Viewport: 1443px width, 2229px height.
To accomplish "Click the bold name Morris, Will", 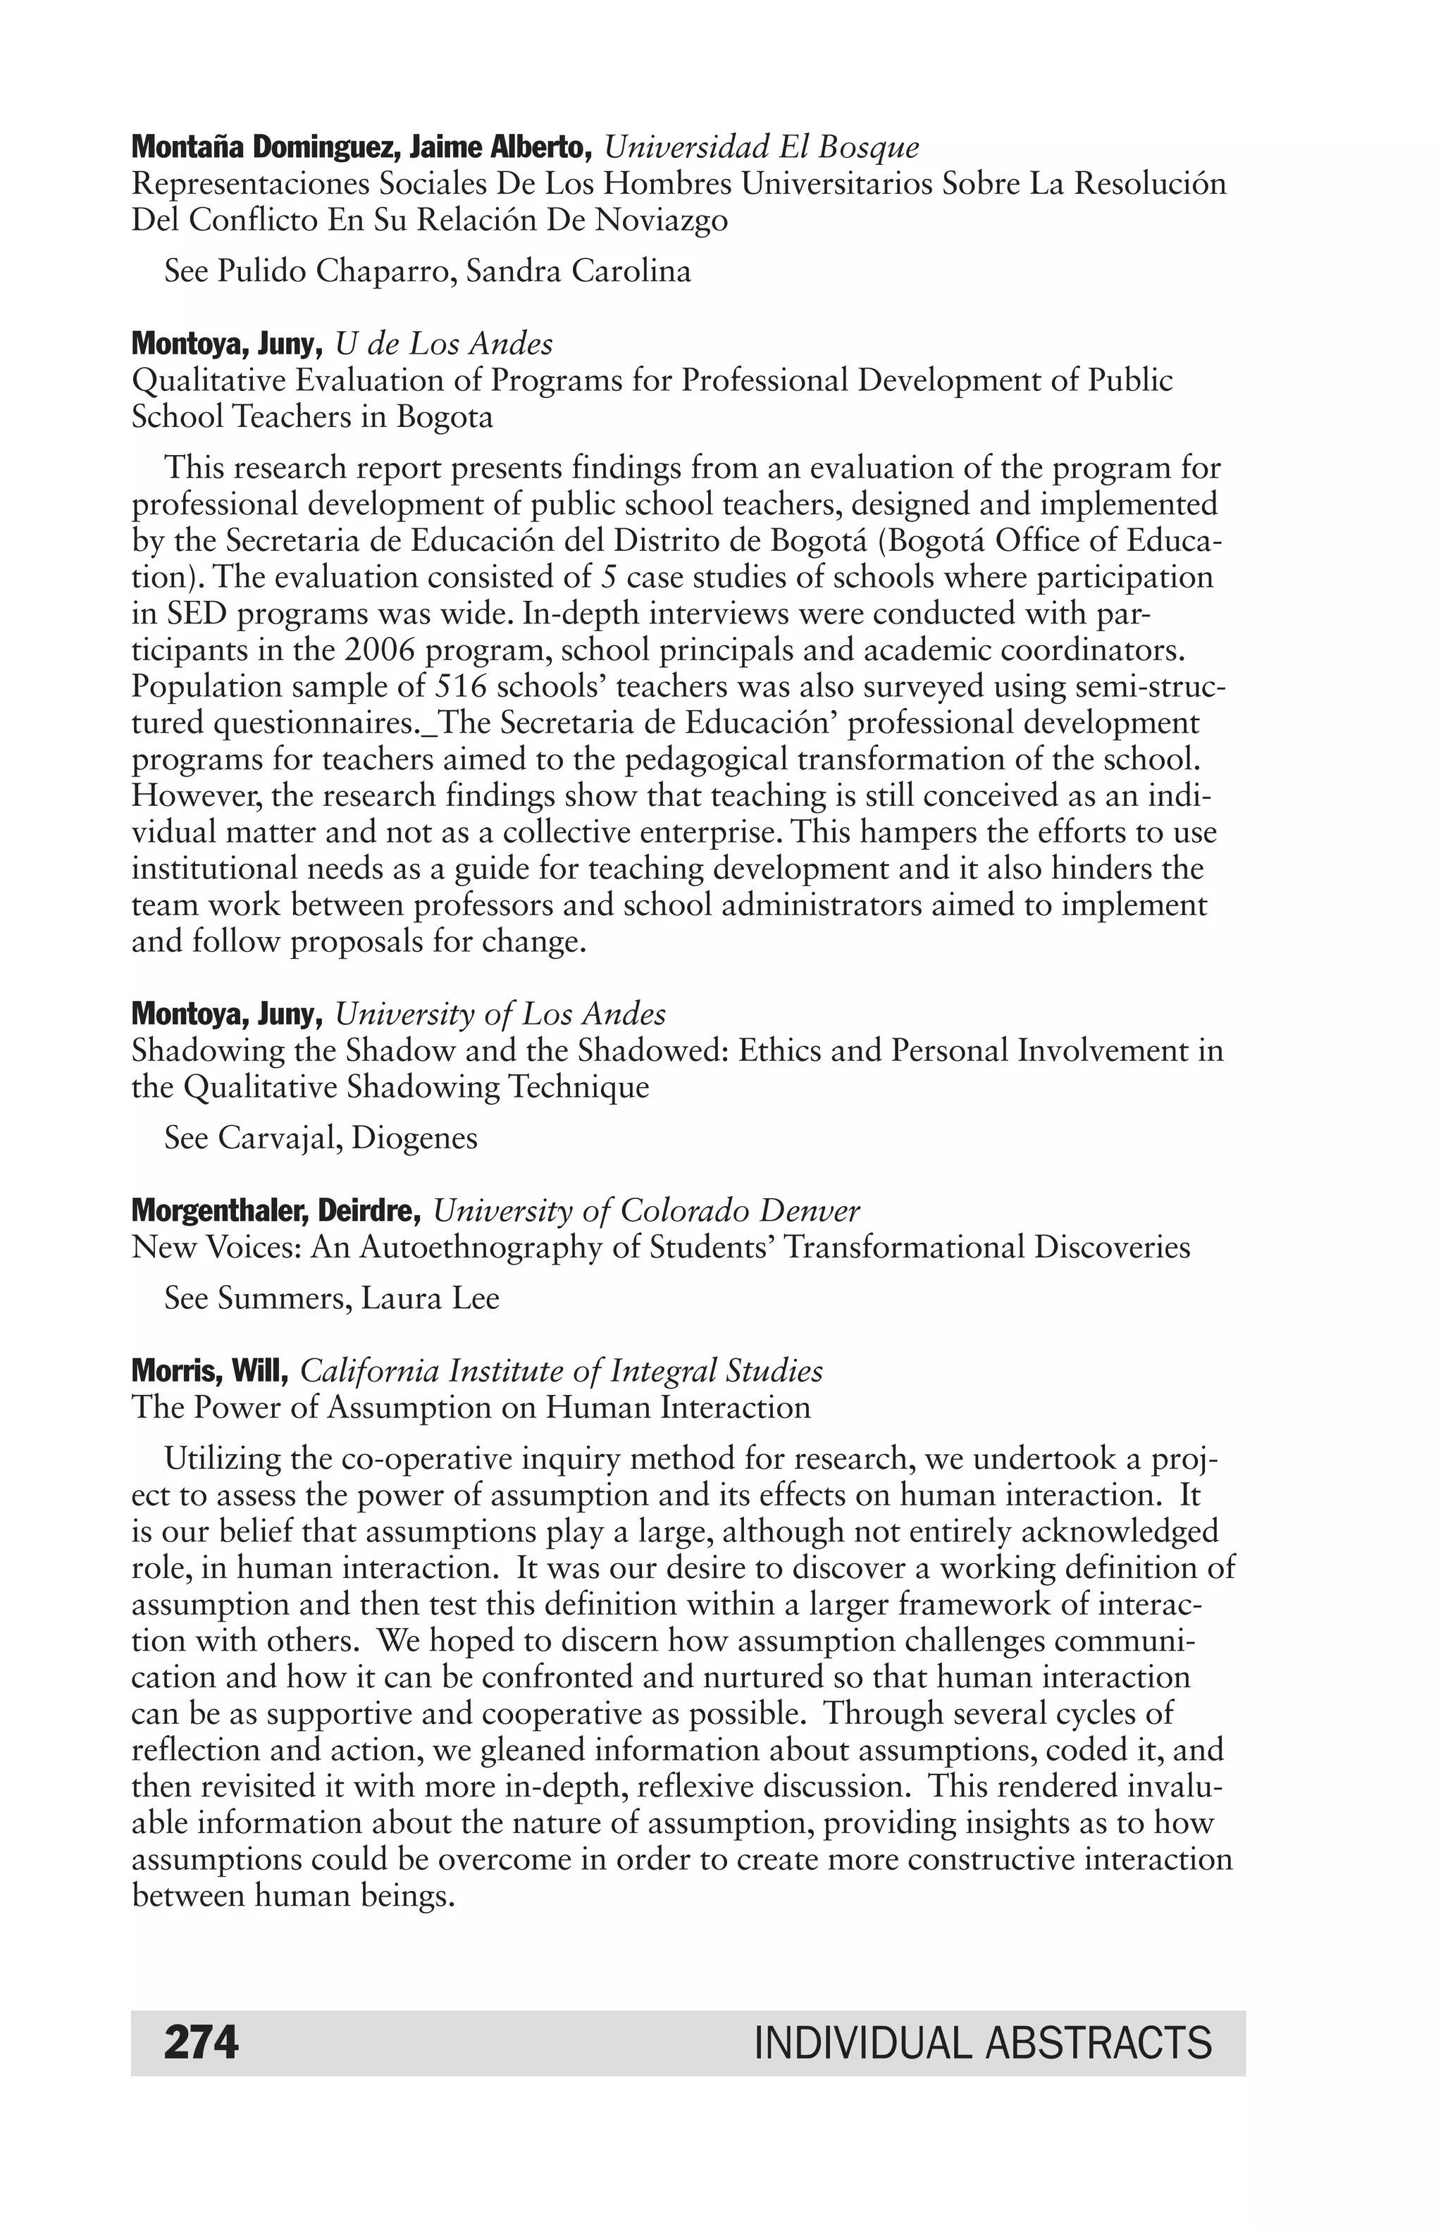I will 210,1371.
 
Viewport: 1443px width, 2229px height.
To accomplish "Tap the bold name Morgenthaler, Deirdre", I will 276,1211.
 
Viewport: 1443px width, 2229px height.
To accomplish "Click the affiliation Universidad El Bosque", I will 761,147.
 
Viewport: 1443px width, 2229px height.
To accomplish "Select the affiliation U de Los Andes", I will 444,344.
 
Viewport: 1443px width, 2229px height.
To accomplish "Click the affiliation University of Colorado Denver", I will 646,1211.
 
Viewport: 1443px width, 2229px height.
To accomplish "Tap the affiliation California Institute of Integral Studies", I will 561,1371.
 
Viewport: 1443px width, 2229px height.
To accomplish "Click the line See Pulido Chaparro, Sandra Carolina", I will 427,272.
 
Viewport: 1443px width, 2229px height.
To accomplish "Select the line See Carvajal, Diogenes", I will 321,1138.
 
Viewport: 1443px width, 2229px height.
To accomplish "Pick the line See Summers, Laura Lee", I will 331,1298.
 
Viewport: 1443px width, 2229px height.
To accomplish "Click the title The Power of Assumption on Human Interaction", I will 471,1408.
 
